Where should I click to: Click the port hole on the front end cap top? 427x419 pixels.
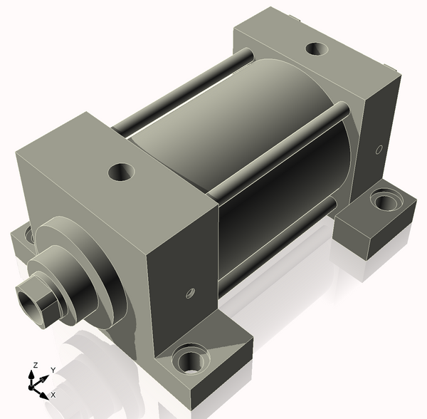point(122,172)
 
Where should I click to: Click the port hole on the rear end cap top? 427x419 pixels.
point(317,48)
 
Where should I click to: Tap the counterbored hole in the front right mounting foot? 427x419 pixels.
point(191,358)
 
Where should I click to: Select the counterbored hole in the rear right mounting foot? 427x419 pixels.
point(386,201)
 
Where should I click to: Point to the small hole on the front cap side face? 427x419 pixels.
point(190,293)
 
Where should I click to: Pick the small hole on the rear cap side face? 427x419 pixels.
point(379,150)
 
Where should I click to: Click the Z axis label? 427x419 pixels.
point(35,365)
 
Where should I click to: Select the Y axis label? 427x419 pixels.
point(53,370)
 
